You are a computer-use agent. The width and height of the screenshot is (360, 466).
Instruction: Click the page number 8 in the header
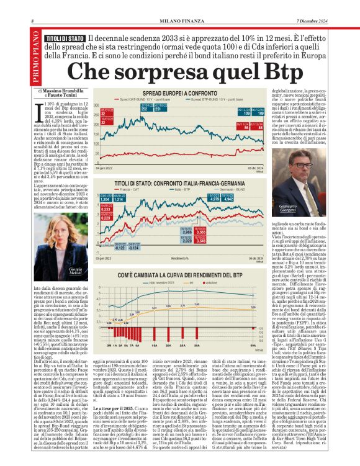click(x=32, y=22)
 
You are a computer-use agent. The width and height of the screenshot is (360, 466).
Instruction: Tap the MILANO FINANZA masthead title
click(x=180, y=22)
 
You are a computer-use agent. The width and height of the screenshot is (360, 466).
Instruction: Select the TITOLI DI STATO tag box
click(x=65, y=38)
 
